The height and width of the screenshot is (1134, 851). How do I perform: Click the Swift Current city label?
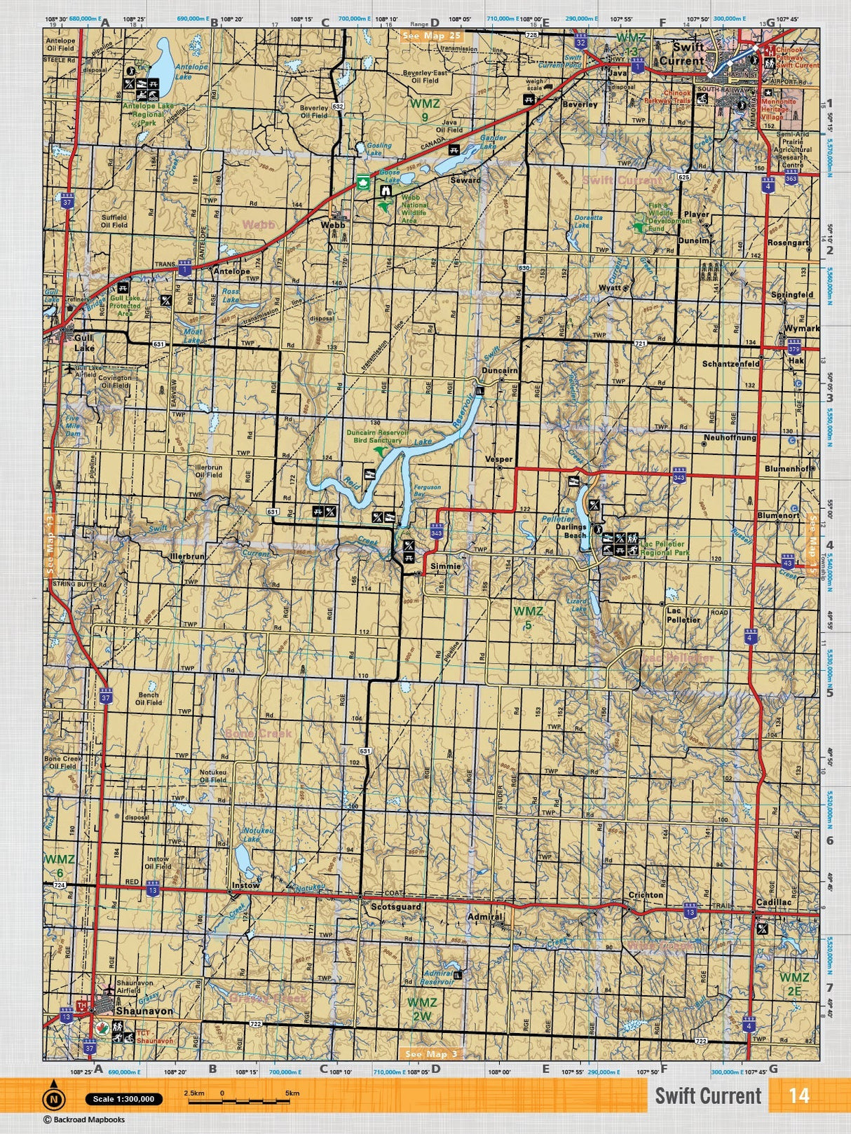coord(687,54)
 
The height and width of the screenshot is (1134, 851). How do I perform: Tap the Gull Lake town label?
coord(83,342)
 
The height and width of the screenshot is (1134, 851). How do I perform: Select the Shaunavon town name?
coord(144,1011)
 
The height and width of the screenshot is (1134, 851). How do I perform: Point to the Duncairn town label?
coord(499,370)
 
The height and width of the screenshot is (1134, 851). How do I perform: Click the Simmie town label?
coord(446,566)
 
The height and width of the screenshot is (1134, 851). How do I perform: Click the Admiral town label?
coord(484,916)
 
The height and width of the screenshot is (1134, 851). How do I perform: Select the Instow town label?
coord(245,885)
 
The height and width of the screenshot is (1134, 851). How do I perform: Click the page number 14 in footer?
coord(798,1095)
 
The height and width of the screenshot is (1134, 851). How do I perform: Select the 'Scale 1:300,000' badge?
coord(123,1099)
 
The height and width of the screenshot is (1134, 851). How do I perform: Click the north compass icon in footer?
coord(54,1098)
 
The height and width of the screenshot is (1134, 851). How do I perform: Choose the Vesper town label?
coord(499,460)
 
